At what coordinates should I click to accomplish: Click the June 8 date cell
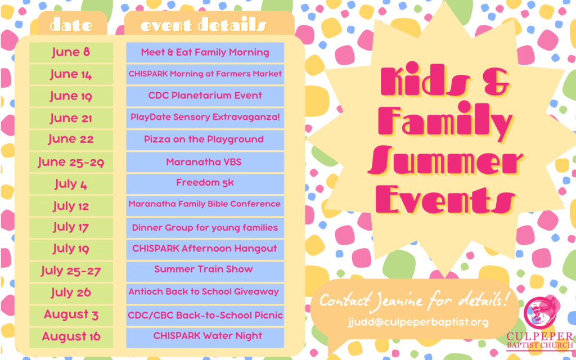71,52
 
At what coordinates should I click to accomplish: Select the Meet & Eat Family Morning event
205,52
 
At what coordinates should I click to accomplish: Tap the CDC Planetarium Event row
205,96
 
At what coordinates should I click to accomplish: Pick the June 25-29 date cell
71,162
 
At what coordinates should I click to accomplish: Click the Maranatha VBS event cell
205,162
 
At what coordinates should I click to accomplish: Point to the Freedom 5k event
205,184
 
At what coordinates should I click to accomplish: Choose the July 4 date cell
71,184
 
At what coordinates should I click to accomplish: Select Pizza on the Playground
205,140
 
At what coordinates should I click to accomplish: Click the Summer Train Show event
205,272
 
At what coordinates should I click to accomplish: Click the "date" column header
71,25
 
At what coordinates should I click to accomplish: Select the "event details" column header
203,25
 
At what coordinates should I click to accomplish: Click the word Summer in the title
445,161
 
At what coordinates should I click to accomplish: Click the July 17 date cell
71,228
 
